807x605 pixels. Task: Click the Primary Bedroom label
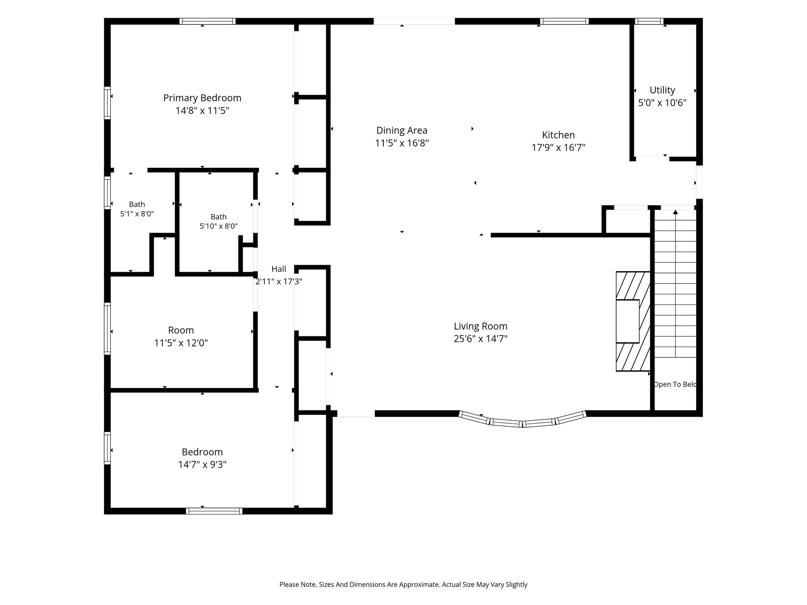(x=202, y=98)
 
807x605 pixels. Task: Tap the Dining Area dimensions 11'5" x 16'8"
(x=402, y=143)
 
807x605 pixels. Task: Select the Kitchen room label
(x=558, y=135)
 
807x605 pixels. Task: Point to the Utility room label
(x=662, y=90)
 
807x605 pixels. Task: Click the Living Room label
(x=480, y=326)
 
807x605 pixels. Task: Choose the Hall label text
(x=279, y=269)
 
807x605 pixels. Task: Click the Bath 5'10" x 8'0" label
(x=219, y=221)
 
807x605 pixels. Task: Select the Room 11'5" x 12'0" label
(x=181, y=336)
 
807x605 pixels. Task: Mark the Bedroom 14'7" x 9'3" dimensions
(x=202, y=465)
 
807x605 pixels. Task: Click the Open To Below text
(x=675, y=384)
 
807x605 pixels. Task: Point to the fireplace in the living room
(x=633, y=321)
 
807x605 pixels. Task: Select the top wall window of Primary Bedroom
(x=208, y=21)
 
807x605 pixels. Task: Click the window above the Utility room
(x=649, y=21)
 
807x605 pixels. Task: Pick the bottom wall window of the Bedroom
(x=214, y=511)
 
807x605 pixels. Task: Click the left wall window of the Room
(x=107, y=328)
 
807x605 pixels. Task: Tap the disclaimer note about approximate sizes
(x=403, y=585)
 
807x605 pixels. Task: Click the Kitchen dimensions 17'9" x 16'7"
(x=558, y=148)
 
